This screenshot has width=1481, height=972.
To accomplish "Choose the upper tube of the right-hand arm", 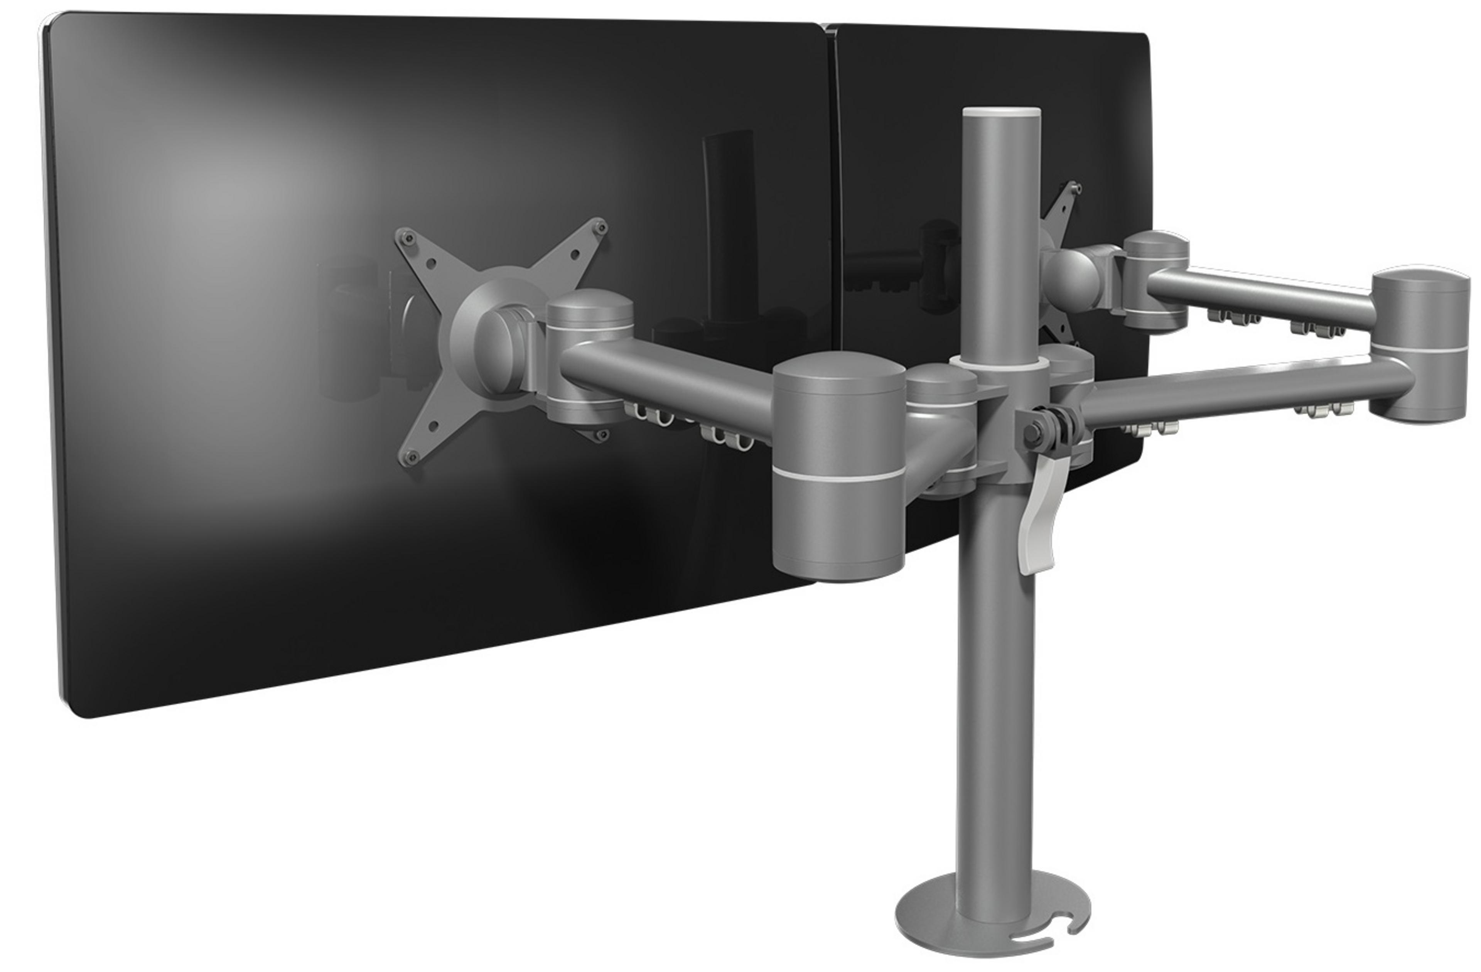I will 1257,295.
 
